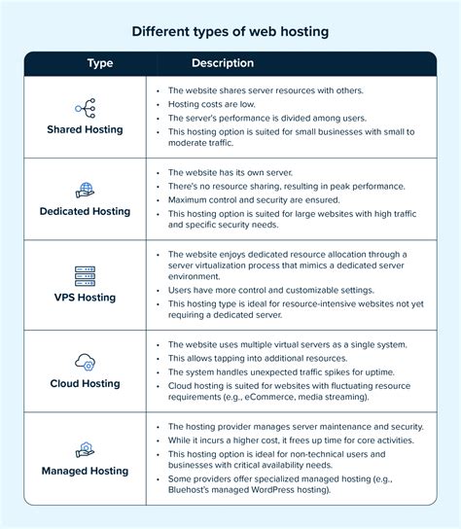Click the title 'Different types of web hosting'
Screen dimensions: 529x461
pos(230,31)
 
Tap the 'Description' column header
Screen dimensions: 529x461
pos(223,63)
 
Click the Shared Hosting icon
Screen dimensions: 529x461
pos(85,107)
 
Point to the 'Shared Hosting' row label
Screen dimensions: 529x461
pos(85,129)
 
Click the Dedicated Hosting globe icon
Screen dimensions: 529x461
pos(85,190)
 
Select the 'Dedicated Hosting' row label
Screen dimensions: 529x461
pos(85,211)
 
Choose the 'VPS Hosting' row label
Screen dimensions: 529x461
pos(85,299)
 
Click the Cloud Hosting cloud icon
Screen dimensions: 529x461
pos(85,362)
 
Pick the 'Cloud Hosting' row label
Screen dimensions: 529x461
pos(85,383)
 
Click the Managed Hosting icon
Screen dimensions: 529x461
pos(85,449)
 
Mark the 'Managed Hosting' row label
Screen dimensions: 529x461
pos(85,471)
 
